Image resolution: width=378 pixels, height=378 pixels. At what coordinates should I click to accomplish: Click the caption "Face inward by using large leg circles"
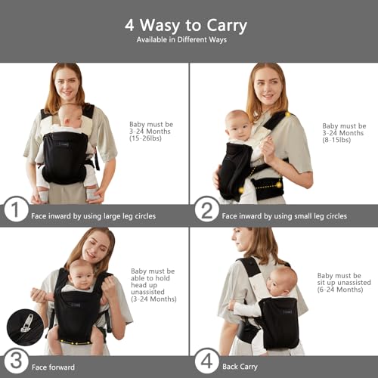(x=94, y=215)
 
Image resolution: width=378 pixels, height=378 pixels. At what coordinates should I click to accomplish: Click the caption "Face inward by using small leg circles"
(x=285, y=215)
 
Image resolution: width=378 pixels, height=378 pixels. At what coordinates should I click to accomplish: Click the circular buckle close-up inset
(x=25, y=327)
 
